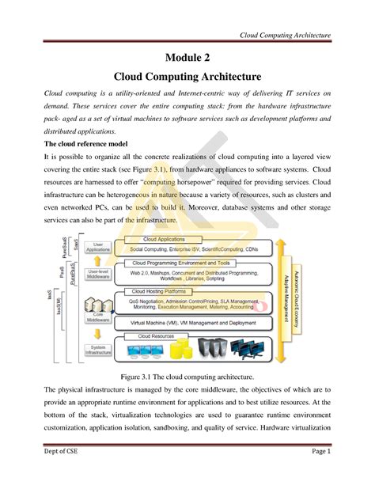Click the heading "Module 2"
(187, 56)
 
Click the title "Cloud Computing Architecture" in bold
(187, 77)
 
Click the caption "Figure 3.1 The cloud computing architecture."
(187, 378)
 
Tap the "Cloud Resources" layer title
(158, 335)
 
